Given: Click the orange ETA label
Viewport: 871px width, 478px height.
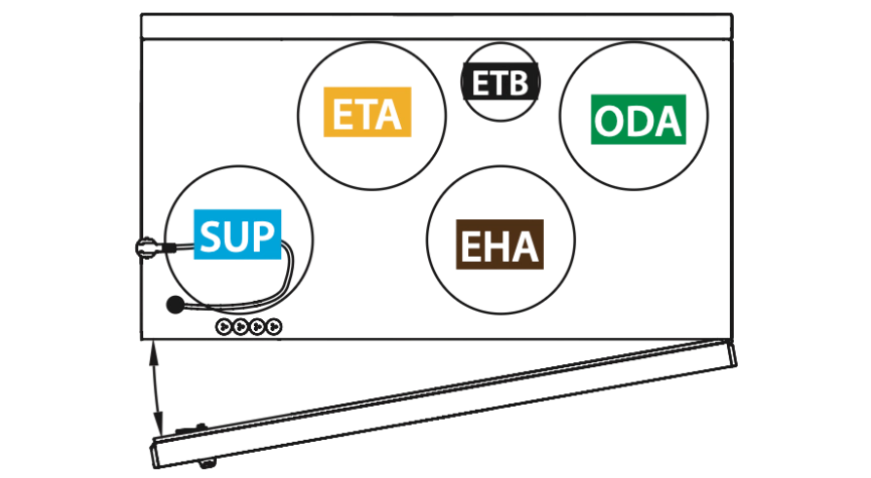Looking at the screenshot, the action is click(367, 112).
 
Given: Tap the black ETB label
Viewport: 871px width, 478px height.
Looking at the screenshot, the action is click(500, 82).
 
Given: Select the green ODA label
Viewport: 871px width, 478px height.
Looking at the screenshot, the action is click(638, 120).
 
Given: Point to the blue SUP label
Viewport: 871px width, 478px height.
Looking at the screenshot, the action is click(237, 234).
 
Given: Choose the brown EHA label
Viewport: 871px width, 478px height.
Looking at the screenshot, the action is click(499, 244).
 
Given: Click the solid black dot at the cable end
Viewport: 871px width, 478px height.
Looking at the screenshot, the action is click(175, 304).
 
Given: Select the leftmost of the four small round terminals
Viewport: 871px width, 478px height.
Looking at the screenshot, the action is click(223, 326).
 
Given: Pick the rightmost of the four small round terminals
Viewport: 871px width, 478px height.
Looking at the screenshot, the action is click(273, 326).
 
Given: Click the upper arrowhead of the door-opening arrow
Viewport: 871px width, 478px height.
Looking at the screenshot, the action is click(154, 351).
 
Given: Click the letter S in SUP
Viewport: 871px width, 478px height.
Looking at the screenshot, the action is click(210, 236).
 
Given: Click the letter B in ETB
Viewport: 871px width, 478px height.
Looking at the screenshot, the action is click(519, 83).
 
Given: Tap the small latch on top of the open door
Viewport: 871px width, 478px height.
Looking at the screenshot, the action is click(192, 428).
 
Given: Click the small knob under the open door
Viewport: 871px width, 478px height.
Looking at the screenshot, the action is click(206, 462).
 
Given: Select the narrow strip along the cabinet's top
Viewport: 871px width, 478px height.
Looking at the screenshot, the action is click(437, 26).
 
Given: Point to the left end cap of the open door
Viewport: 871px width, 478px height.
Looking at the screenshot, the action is click(156, 453).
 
